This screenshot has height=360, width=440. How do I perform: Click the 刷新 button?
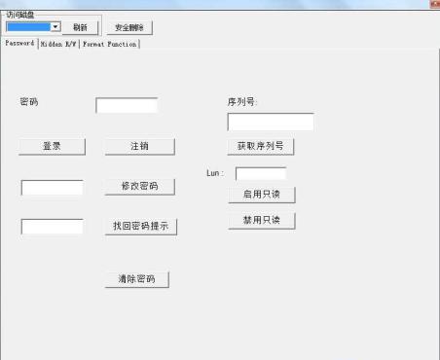(x=80, y=27)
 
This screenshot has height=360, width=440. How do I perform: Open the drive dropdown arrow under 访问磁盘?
(x=55, y=27)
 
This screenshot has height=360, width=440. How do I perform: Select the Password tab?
(x=19, y=44)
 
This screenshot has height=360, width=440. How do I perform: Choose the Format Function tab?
(x=110, y=44)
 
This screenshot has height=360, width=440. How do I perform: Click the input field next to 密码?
(x=127, y=105)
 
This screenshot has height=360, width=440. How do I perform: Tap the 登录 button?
(x=52, y=146)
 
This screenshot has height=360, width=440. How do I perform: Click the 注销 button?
(x=139, y=146)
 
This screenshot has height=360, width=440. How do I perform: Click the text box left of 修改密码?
(x=52, y=187)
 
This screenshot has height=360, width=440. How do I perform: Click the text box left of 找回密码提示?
(x=52, y=227)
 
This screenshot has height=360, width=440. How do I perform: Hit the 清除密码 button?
(x=136, y=279)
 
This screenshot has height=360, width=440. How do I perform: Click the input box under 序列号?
(x=270, y=122)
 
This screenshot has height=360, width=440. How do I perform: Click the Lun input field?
(x=260, y=173)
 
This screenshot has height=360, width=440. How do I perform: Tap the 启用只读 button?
(x=260, y=195)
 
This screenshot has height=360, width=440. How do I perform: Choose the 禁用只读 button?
(x=260, y=220)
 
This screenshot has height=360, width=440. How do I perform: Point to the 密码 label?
(x=29, y=102)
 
